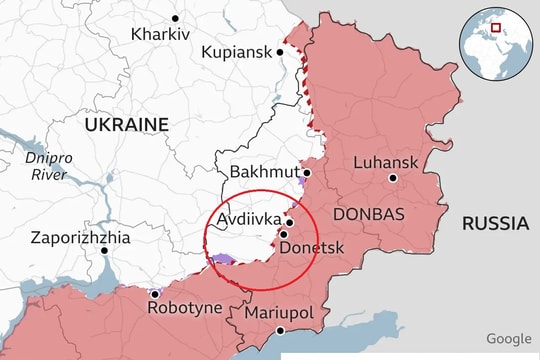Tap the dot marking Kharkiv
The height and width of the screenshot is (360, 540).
point(175,18)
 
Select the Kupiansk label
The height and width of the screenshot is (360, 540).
point(235,52)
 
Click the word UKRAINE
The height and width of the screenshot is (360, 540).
point(126,124)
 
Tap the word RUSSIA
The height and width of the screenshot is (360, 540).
point(494,223)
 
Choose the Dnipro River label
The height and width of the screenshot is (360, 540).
point(45,166)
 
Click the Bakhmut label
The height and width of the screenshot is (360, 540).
point(263,172)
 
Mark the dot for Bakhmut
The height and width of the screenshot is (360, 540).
point(307,172)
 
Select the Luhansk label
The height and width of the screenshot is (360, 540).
point(384,162)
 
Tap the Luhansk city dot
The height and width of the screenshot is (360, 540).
point(393,178)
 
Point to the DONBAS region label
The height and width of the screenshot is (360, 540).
point(368,215)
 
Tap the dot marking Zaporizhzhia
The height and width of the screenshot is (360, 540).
point(105,250)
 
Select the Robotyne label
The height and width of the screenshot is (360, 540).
point(184,308)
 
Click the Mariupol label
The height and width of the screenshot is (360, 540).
point(279,313)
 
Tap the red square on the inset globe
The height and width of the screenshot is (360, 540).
point(494,25)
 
